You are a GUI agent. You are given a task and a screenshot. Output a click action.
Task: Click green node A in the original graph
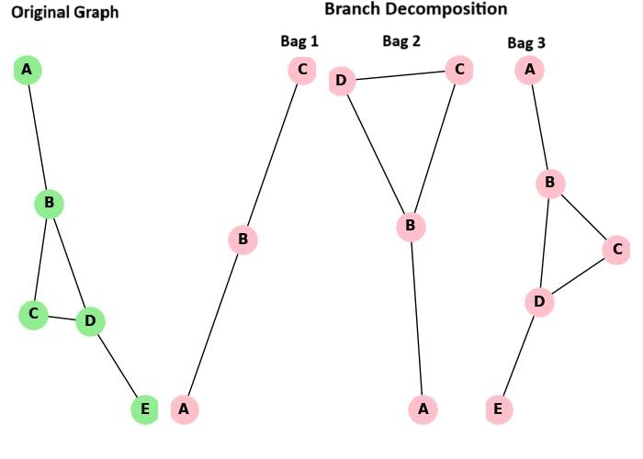click(x=28, y=70)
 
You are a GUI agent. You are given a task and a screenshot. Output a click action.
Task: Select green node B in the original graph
click(x=49, y=203)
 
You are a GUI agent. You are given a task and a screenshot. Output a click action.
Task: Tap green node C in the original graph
click(x=33, y=315)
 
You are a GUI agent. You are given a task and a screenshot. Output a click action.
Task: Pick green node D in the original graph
click(x=90, y=321)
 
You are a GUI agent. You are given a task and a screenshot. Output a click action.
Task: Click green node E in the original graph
click(x=144, y=409)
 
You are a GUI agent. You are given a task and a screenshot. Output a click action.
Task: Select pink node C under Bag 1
click(x=301, y=70)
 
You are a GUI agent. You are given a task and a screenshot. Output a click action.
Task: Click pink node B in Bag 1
click(x=243, y=241)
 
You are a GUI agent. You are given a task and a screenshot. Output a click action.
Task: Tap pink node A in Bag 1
click(x=185, y=409)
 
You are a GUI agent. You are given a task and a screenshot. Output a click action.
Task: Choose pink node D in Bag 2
click(x=342, y=81)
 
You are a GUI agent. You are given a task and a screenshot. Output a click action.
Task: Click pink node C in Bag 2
click(x=459, y=70)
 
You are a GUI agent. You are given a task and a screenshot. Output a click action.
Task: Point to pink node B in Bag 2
click(x=411, y=226)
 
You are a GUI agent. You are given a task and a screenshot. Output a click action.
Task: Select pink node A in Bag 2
click(x=423, y=409)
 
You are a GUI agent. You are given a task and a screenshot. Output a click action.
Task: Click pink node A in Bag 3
click(x=528, y=70)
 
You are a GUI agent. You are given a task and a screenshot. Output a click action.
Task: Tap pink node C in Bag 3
click(x=616, y=249)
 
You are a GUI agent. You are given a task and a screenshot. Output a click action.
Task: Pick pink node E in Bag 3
click(x=498, y=409)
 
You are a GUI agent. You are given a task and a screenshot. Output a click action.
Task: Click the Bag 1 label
click(x=299, y=41)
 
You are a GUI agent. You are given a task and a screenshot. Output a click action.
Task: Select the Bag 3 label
click(x=527, y=43)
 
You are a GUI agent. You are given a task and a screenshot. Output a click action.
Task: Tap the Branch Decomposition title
click(x=415, y=9)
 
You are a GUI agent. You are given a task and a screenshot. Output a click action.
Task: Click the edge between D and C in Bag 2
click(x=400, y=75)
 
